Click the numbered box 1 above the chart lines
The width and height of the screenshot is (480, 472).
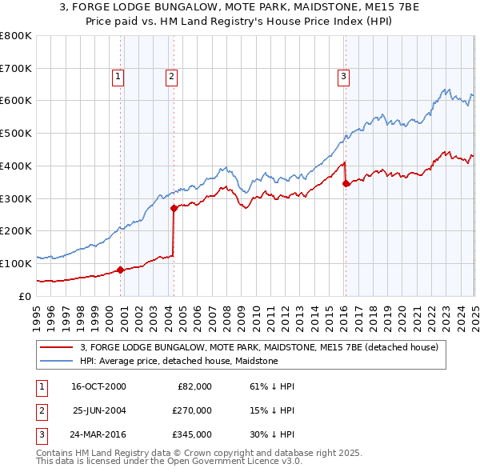pos(118,77)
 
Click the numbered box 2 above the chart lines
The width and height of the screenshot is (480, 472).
pos(171,77)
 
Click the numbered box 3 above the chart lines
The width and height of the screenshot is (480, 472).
pos(343,77)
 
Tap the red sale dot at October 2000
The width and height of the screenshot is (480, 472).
pos(121,270)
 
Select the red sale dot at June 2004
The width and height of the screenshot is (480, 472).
pos(174,208)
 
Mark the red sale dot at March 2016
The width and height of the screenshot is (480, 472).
pos(346,183)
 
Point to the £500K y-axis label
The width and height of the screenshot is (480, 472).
pos(17,133)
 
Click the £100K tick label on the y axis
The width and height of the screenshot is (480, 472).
pos(17,263)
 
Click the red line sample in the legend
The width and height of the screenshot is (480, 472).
pos(56,348)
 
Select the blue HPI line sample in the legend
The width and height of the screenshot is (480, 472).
pos(56,362)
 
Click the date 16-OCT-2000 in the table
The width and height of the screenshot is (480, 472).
pos(98,386)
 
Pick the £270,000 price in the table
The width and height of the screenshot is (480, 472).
pos(192,410)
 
